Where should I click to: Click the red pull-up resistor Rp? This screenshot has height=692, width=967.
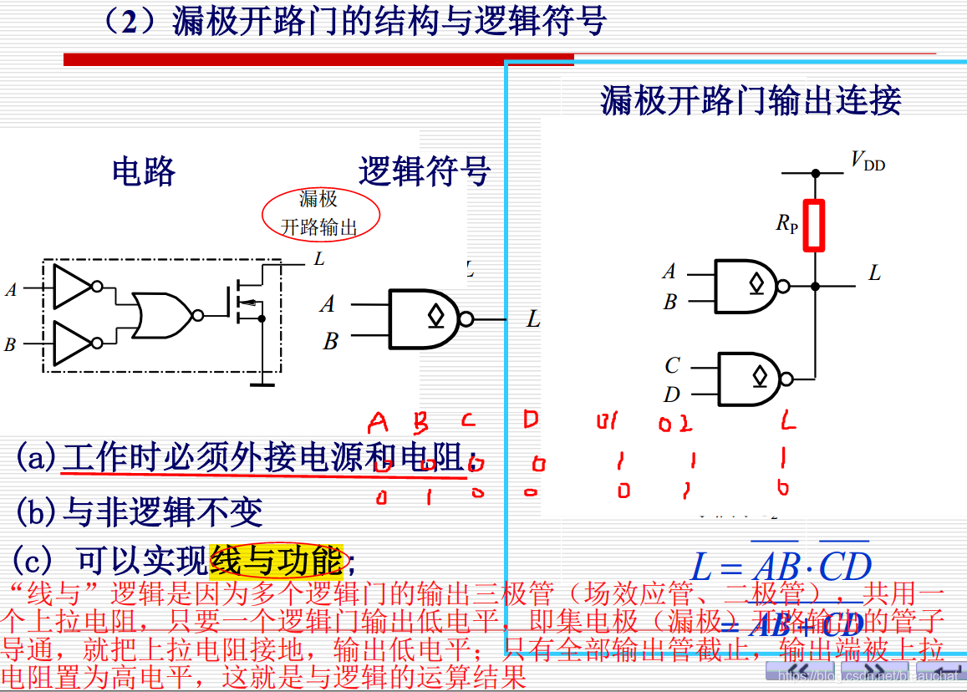click(x=814, y=226)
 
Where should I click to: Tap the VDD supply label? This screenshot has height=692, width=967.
click(x=868, y=160)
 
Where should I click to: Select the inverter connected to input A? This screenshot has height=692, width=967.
click(x=74, y=287)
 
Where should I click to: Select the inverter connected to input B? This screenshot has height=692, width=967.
click(x=74, y=343)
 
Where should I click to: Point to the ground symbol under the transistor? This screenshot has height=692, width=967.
click(x=262, y=384)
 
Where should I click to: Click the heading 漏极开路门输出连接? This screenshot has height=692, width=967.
click(x=751, y=100)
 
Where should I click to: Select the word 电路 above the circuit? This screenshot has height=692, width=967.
click(x=144, y=170)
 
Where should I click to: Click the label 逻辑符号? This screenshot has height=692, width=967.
click(x=425, y=170)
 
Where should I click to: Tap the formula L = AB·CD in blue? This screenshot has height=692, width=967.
click(x=781, y=566)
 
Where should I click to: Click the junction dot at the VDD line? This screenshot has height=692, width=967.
click(x=815, y=173)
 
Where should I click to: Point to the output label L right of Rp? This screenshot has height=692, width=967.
click(x=874, y=273)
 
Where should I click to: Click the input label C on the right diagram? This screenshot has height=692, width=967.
click(x=672, y=365)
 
